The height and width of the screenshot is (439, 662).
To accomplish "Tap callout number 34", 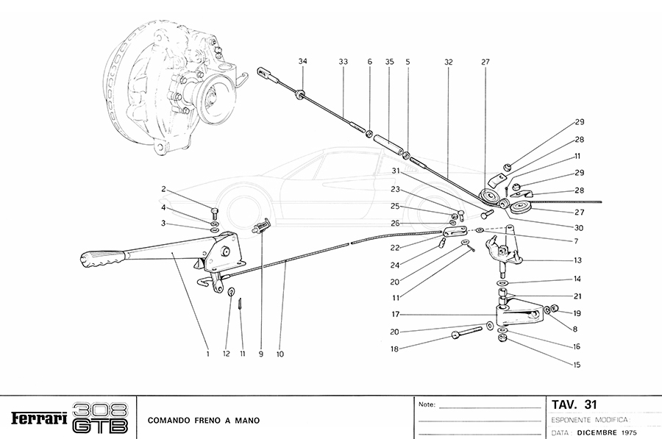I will (302, 63).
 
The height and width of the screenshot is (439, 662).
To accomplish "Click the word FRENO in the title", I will (205, 421).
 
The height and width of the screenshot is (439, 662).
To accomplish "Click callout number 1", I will (208, 354).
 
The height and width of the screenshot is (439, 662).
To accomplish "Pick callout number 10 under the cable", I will (280, 354).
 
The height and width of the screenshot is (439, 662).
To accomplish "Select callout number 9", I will (260, 354).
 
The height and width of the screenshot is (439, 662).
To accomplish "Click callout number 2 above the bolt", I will (164, 189).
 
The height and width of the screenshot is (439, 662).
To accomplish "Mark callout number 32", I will (448, 63).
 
